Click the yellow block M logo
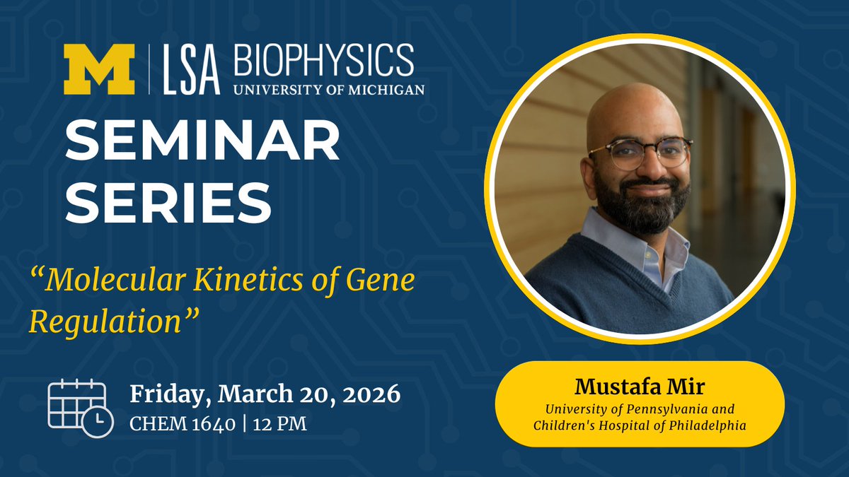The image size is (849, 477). (99, 70)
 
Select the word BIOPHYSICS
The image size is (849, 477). (324, 61)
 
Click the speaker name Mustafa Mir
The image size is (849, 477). (639, 387)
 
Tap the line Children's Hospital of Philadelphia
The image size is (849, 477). (639, 425)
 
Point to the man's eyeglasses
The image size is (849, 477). (640, 152)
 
